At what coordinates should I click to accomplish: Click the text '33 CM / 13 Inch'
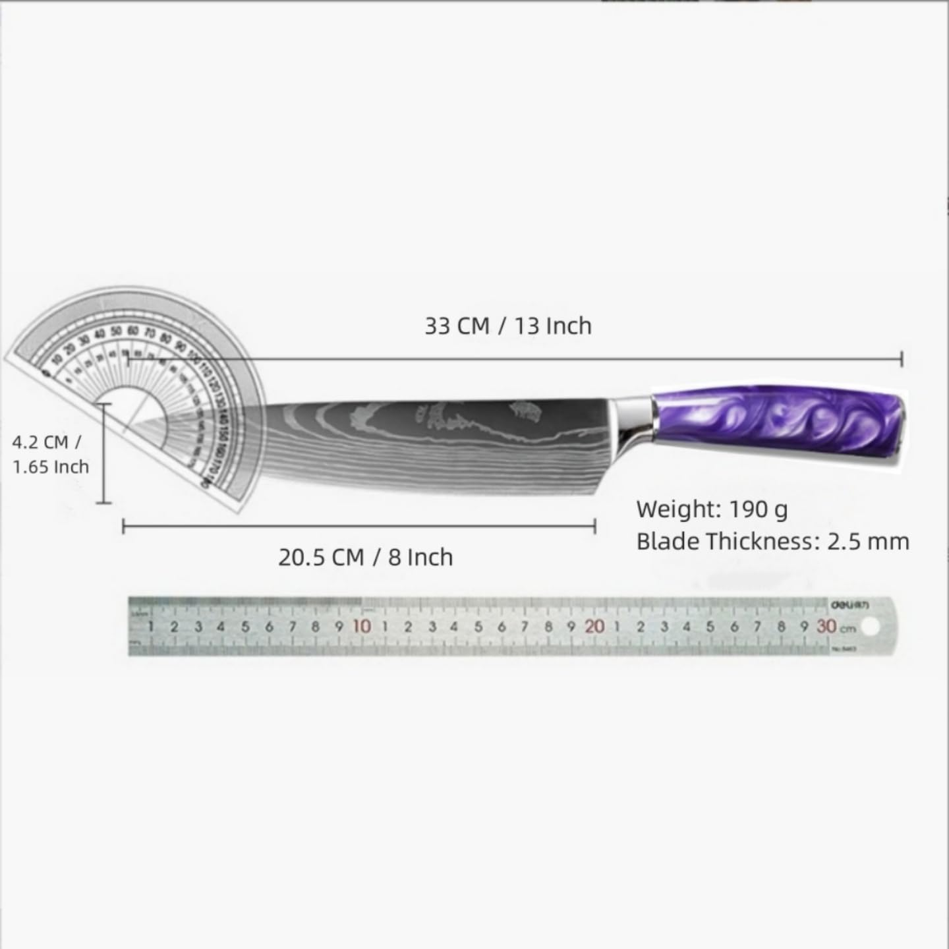tap(507, 326)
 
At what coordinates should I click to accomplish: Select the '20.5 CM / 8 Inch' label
tap(365, 557)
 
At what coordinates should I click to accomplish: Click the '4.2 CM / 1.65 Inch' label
tap(50, 454)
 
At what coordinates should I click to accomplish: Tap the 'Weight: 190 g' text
tap(712, 509)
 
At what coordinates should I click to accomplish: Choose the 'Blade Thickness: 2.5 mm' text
tap(772, 542)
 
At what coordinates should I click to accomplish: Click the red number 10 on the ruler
tap(361, 626)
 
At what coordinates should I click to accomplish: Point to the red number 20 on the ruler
tap(594, 626)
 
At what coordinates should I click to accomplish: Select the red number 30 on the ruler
tap(826, 626)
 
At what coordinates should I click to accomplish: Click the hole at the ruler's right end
tap(870, 627)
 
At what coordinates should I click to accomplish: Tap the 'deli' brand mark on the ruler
tap(841, 604)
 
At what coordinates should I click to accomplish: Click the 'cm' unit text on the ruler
tap(848, 628)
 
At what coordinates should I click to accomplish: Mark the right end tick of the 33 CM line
tap(902, 359)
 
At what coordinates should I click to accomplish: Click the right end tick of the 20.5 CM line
tap(595, 526)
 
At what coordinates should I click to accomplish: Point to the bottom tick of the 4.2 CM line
tap(103, 503)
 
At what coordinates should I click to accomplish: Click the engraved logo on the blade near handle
tap(527, 412)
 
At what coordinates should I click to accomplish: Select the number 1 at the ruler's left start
tap(151, 627)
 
